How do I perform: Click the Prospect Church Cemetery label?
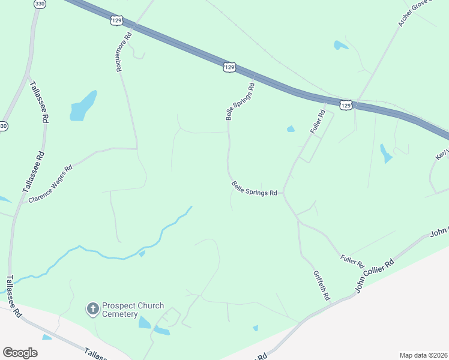(x=133, y=310)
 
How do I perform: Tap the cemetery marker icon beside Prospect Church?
(x=92, y=309)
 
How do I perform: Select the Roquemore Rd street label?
(x=123, y=52)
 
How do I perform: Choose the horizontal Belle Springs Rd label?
(x=255, y=190)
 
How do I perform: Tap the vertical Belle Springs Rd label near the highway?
(x=240, y=102)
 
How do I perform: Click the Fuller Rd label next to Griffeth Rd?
(x=352, y=261)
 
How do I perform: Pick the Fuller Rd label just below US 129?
(x=318, y=122)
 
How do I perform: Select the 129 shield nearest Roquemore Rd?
(x=117, y=20)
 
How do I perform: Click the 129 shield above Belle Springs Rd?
(x=229, y=67)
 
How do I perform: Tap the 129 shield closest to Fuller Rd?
(x=345, y=105)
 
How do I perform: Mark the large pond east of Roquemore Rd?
(x=83, y=106)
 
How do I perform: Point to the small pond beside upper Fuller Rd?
(x=291, y=129)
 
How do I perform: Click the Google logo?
(x=20, y=353)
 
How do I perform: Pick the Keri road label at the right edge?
(x=441, y=154)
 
